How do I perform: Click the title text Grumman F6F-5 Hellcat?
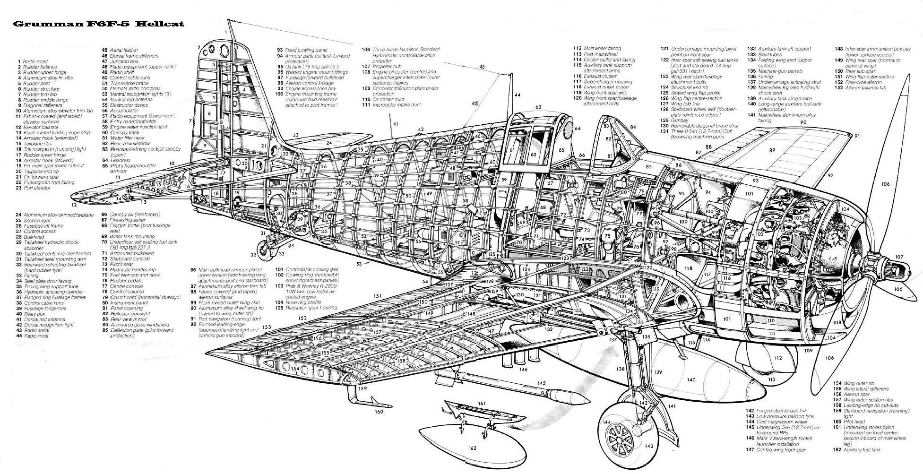click(98, 24)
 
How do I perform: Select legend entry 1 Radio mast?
click(33, 61)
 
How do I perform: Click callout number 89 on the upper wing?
click(772, 150)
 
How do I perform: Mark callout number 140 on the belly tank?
click(691, 379)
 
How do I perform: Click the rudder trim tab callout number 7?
click(189, 121)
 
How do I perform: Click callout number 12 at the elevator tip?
click(74, 205)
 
